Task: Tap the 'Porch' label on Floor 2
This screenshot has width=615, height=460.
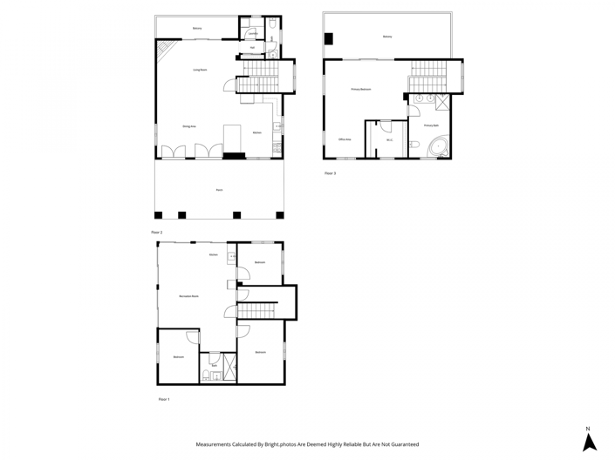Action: pos(219,189)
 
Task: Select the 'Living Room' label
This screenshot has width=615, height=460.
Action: pos(200,69)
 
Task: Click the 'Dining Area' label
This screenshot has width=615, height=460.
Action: pos(188,127)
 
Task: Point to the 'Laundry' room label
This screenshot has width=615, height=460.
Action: pos(252,34)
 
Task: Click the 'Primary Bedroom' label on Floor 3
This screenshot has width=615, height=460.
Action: pos(361,89)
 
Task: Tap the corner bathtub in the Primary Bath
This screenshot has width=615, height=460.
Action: pos(436,148)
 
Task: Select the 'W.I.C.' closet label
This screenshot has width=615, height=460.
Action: pos(390,139)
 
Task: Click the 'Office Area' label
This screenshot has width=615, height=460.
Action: pos(345,139)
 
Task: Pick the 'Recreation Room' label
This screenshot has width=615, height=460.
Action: pos(188,297)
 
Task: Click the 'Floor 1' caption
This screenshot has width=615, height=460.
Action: pos(164,399)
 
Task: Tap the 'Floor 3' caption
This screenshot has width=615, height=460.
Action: pos(330,173)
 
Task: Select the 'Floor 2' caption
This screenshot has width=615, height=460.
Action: pos(157,233)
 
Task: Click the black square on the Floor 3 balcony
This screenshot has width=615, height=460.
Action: pos(328,38)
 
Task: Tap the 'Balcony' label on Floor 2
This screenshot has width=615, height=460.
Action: pos(197,29)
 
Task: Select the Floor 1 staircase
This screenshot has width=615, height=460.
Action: pos(256,310)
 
